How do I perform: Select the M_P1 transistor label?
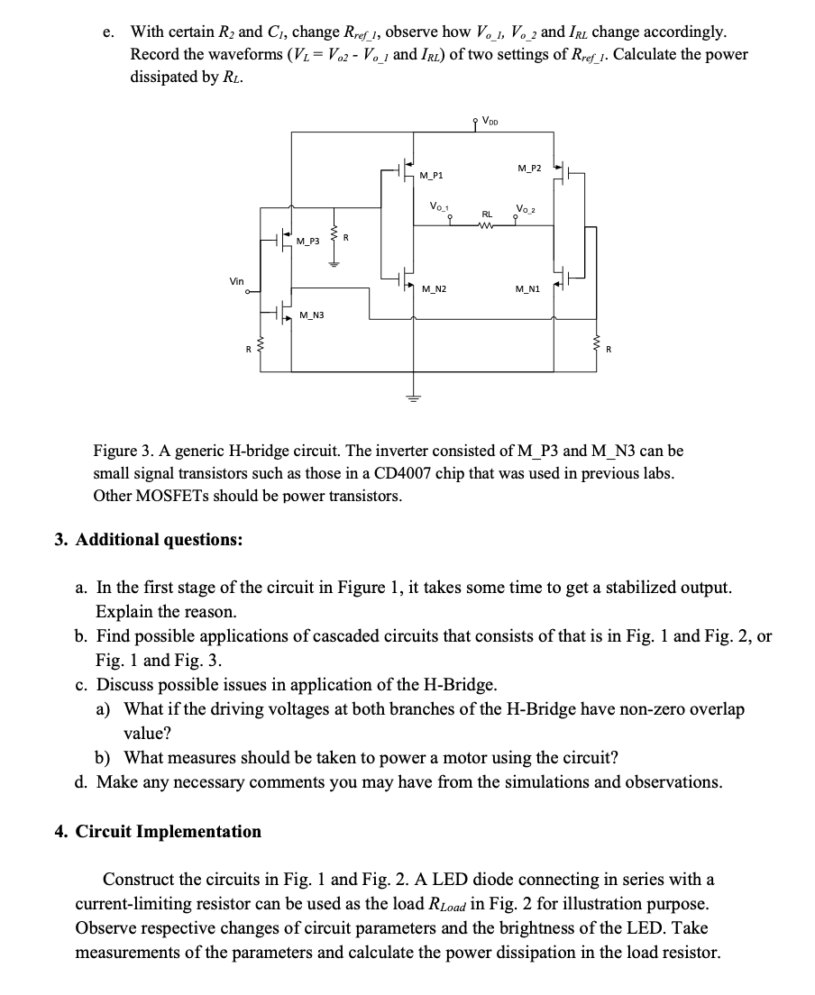(432, 175)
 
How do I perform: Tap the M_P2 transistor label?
(529, 169)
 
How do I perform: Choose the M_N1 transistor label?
(527, 288)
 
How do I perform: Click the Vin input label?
(237, 281)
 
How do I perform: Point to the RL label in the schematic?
(486, 215)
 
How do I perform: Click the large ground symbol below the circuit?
(414, 397)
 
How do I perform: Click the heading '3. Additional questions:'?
(148, 539)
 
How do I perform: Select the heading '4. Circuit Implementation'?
(158, 831)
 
